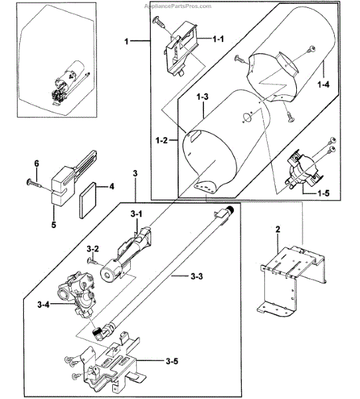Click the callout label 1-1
218,39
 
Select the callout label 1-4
323,84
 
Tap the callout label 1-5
323,193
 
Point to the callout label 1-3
203,96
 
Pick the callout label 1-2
161,140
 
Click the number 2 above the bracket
278,229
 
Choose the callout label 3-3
197,276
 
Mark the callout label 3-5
172,361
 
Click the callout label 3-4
43,305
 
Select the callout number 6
37,164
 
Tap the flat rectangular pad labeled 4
88,201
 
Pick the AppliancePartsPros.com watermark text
178,6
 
